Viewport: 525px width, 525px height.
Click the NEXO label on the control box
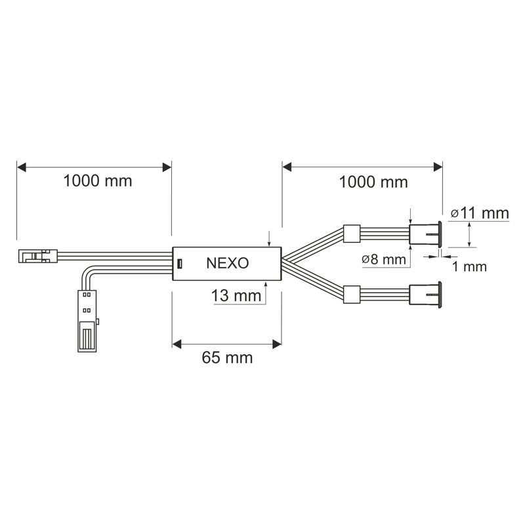point(227,263)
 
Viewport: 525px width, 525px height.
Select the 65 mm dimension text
point(227,358)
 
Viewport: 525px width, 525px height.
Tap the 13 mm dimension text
point(236,296)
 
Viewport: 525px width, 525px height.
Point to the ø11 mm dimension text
point(480,213)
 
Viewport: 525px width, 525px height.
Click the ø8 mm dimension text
point(384,259)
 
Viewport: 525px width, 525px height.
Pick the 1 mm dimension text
point(469,266)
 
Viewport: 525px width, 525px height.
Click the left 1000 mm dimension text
point(97,181)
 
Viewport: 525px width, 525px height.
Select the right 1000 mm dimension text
point(373,182)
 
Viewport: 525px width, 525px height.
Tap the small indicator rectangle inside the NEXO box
point(180,264)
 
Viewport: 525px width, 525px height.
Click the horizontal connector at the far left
point(38,256)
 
